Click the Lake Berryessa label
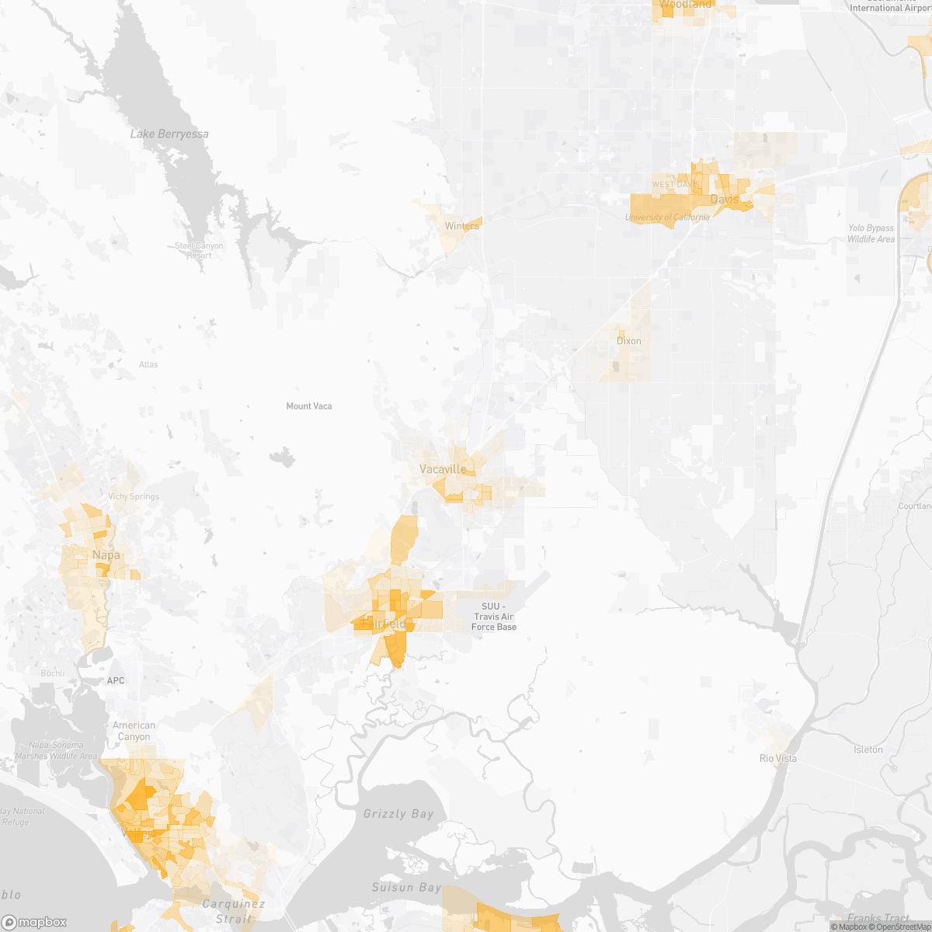click(x=169, y=134)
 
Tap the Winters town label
click(x=462, y=226)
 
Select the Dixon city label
click(x=628, y=341)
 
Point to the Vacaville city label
click(x=443, y=469)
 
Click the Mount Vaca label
click(x=309, y=406)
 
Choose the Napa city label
click(x=106, y=555)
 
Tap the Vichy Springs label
click(x=134, y=497)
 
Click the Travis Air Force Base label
click(x=493, y=617)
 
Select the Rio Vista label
click(x=777, y=759)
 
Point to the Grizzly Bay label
click(x=398, y=814)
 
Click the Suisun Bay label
click(x=406, y=887)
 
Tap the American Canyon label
click(x=134, y=731)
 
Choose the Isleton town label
click(x=868, y=750)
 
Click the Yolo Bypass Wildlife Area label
click(x=871, y=234)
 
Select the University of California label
click(x=667, y=217)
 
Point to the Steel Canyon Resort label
click(x=199, y=251)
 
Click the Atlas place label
click(x=148, y=365)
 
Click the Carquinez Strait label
click(x=233, y=911)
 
